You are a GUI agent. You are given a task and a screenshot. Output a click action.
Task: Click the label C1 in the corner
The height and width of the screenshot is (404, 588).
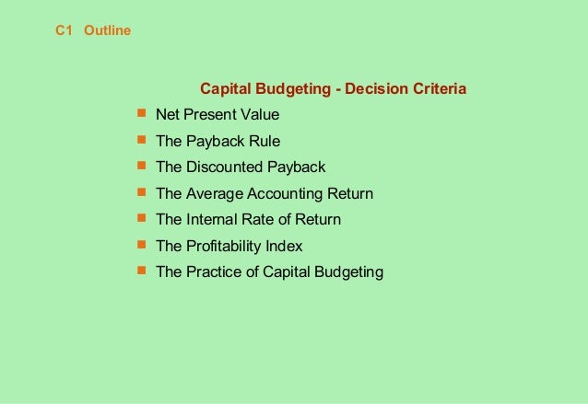click(x=64, y=31)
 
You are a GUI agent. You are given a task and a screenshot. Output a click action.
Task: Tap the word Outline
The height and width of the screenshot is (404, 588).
click(x=107, y=31)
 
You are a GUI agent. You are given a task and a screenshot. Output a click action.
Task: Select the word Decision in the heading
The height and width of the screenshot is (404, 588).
click(x=376, y=89)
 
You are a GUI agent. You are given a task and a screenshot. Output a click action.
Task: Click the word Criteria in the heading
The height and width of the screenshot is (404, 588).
click(x=438, y=89)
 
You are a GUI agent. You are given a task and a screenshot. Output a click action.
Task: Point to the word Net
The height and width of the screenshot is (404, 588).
click(x=168, y=115)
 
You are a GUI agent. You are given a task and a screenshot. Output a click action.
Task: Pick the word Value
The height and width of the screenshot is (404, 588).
click(x=259, y=115)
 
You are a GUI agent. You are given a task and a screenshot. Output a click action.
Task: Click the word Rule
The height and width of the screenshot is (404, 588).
click(x=261, y=142)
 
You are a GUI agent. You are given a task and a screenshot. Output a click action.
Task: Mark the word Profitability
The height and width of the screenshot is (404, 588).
click(x=222, y=247)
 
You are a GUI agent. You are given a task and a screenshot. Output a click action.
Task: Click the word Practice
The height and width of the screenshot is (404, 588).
click(x=211, y=272)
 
